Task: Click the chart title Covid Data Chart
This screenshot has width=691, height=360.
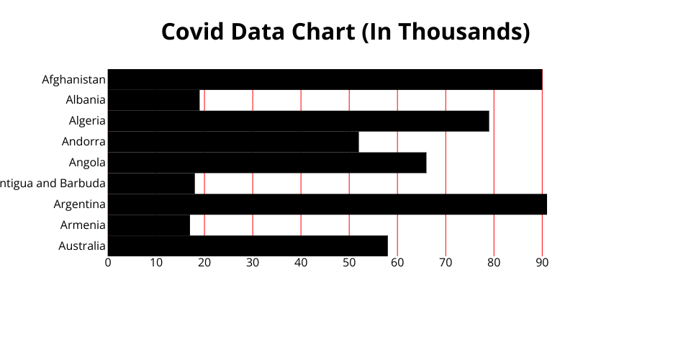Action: coord(345,32)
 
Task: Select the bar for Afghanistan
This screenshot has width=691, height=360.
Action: coord(325,79)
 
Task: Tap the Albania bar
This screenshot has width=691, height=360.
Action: coord(153,100)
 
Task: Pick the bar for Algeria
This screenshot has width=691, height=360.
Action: coord(298,121)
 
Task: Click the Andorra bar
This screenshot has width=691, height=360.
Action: coord(233,142)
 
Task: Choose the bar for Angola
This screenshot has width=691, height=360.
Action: coord(267,163)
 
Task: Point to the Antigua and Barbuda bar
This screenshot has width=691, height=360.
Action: coord(151,184)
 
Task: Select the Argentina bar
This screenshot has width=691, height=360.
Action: coord(328,204)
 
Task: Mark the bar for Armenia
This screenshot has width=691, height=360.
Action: coord(149,225)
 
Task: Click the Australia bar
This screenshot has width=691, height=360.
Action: coord(248,246)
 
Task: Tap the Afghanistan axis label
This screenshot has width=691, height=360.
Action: coord(74,79)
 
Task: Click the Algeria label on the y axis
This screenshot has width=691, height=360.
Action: coord(87,121)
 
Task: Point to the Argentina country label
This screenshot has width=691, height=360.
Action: coord(80,204)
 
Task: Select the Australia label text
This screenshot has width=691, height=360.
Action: coord(82,246)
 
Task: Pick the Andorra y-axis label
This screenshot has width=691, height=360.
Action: coord(83,142)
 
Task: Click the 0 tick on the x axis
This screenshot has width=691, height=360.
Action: coord(108,263)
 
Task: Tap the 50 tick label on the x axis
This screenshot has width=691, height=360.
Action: coord(349,263)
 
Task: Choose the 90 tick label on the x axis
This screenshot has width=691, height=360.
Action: coord(542,263)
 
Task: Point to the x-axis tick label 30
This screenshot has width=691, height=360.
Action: coord(253,263)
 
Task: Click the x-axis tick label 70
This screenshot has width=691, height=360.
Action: coord(446,263)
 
